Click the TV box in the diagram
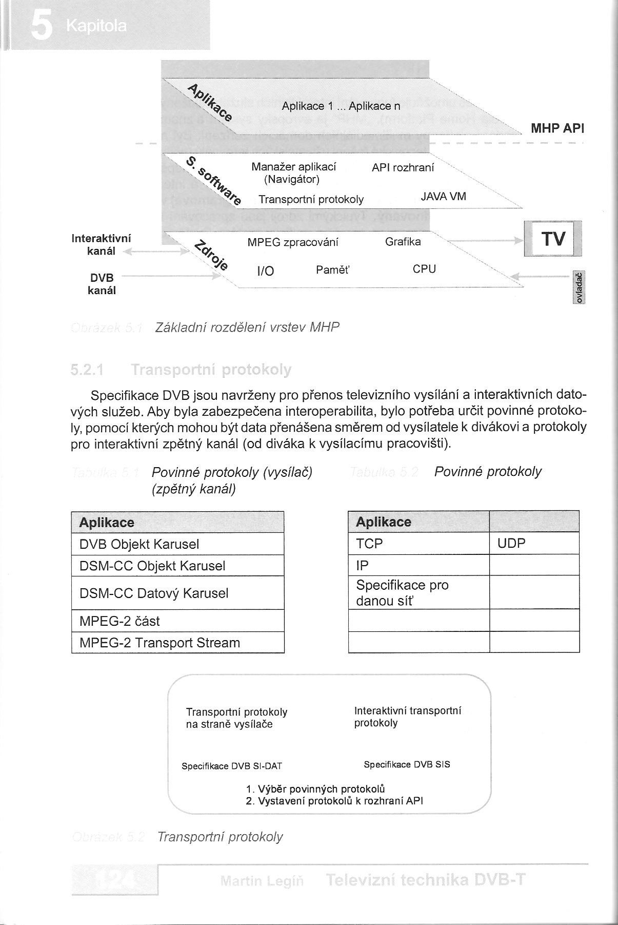(553, 239)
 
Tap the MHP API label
(557, 128)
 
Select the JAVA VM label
(443, 196)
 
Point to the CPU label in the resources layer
(424, 269)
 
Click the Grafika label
(403, 242)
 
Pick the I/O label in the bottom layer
(265, 272)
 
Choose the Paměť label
(332, 270)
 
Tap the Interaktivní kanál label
(102, 245)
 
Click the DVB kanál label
(103, 284)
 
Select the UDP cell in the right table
(512, 544)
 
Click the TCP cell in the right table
(370, 544)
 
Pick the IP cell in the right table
(362, 565)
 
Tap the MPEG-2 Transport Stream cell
(160, 643)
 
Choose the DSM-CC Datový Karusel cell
(154, 593)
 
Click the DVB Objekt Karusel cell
(139, 544)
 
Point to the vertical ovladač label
(579, 287)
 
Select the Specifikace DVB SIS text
(407, 764)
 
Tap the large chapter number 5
(41, 26)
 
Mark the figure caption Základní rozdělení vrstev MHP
(247, 327)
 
